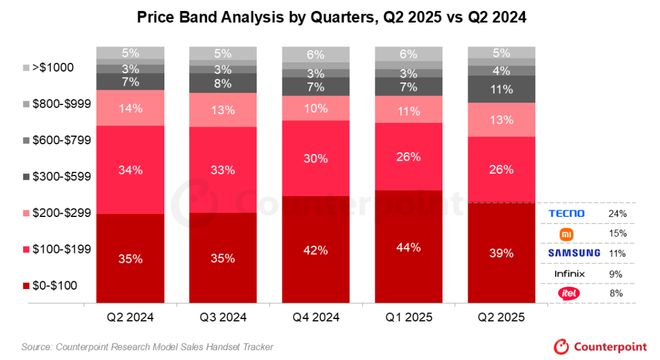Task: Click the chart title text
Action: [x=330, y=18]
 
